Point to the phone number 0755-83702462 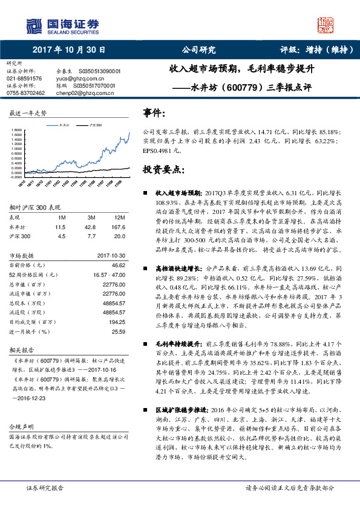(x=25, y=93)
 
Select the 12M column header (x=119, y=217)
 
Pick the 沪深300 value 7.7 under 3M (x=91, y=236)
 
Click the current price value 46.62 (x=118, y=265)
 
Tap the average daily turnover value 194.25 (x=117, y=323)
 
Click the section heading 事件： (x=154, y=114)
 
